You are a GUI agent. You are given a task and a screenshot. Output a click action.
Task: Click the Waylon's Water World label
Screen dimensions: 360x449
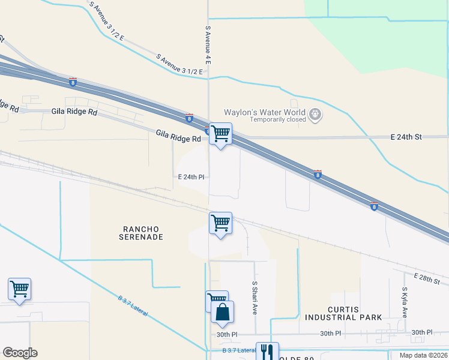tap(264, 112)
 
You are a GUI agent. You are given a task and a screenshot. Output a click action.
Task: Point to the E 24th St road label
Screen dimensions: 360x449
tap(406, 137)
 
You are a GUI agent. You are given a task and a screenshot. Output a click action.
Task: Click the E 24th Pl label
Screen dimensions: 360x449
tap(191, 177)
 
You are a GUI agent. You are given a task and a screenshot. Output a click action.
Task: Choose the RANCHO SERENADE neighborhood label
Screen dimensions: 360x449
tap(143, 233)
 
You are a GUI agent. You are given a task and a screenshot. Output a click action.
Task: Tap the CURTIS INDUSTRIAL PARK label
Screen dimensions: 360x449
tap(340, 313)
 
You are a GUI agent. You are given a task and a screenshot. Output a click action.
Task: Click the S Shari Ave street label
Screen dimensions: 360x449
tap(255, 299)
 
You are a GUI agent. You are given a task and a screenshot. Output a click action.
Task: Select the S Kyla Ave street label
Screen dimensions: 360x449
tap(405, 302)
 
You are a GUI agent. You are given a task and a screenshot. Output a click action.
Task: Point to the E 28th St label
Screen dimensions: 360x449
tap(427, 278)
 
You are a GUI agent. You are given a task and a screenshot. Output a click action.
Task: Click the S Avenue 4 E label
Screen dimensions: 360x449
tap(208, 45)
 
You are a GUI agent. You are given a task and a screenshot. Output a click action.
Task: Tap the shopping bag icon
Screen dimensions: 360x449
tap(222, 312)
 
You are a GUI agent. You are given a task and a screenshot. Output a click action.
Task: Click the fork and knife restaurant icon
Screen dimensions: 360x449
tap(267, 352)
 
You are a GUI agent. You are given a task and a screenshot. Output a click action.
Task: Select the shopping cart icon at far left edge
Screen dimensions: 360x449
tap(19, 289)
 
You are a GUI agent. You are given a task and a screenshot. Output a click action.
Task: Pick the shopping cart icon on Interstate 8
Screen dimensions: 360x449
tap(220, 134)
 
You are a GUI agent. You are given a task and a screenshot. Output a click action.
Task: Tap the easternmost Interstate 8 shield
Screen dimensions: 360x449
tap(374, 206)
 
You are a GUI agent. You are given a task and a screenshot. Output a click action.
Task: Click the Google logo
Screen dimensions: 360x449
tap(20, 353)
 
